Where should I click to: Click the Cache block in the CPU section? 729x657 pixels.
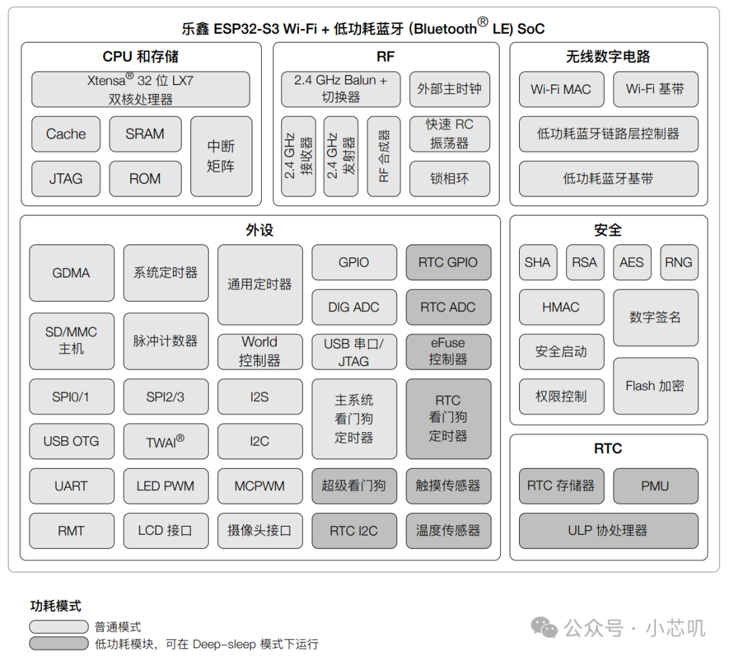click(x=66, y=134)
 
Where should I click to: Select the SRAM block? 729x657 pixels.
click(x=145, y=134)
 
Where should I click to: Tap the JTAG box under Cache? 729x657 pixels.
click(x=66, y=179)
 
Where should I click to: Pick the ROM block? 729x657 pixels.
click(x=145, y=179)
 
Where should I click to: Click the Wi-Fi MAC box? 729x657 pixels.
click(x=561, y=89)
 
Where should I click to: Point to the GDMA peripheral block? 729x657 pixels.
click(x=72, y=273)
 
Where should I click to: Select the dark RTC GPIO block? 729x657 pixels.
click(x=448, y=262)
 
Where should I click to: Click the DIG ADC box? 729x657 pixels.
click(x=354, y=307)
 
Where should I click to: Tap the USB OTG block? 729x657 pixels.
click(x=72, y=441)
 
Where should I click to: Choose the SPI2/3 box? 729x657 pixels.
click(x=165, y=396)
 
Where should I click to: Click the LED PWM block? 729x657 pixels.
click(x=165, y=486)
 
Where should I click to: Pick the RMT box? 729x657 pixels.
click(x=72, y=531)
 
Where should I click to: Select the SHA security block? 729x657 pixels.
click(x=537, y=262)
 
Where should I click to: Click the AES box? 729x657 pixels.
click(x=632, y=262)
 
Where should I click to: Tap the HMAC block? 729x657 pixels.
click(x=561, y=307)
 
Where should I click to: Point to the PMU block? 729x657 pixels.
click(x=655, y=486)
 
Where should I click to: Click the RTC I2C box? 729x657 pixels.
click(x=354, y=531)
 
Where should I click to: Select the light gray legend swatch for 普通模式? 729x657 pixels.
click(x=59, y=627)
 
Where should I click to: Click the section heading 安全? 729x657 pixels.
click(x=608, y=231)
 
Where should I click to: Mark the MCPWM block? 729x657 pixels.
click(x=260, y=486)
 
